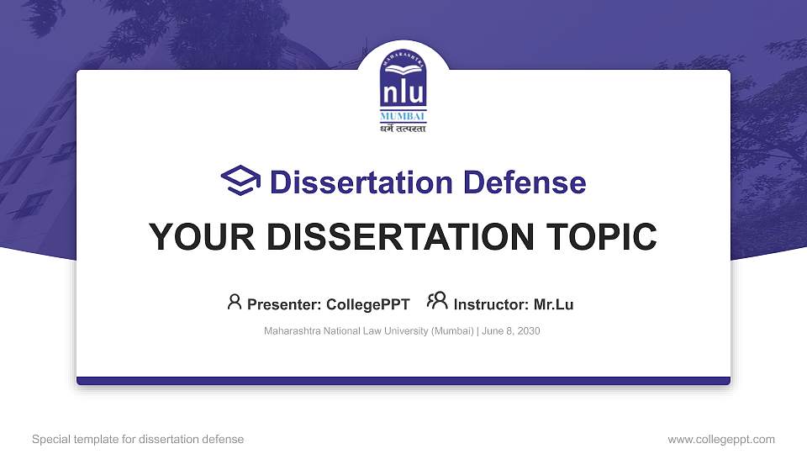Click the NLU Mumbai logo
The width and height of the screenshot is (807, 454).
(403, 89)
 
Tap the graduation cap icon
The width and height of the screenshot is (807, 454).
(240, 181)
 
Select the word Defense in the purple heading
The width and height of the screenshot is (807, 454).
(514, 182)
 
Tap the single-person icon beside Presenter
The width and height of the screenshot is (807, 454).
(235, 302)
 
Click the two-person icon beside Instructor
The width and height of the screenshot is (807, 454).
(436, 301)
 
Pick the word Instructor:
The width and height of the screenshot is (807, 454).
(491, 304)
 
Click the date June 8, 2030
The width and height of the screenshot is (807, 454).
(512, 331)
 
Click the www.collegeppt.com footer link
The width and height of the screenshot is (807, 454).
(720, 439)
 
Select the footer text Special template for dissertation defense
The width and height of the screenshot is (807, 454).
(137, 439)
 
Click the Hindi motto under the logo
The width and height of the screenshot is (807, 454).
(403, 129)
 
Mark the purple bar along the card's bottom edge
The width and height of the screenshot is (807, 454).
(403, 381)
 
